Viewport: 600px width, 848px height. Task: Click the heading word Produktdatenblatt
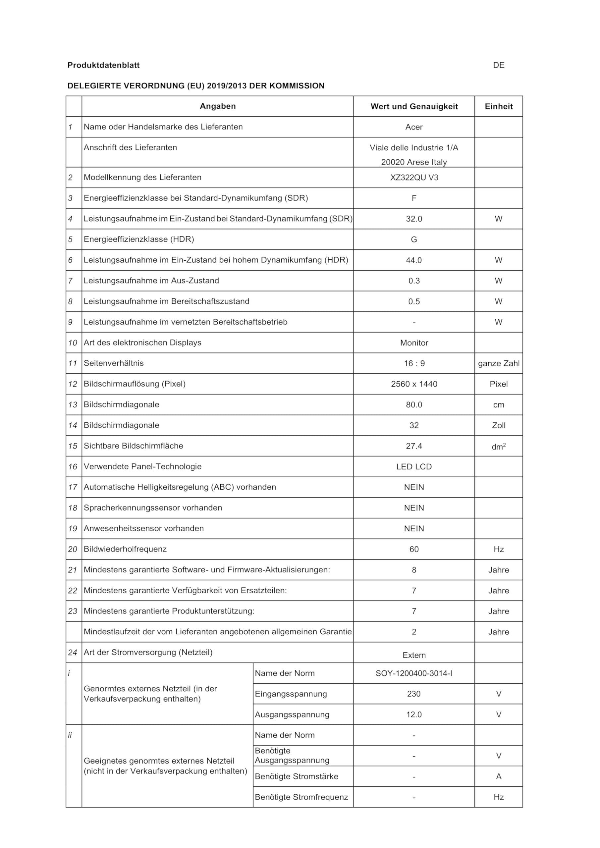coord(103,65)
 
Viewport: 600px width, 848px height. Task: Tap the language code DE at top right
coord(498,65)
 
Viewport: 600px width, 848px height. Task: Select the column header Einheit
coord(498,106)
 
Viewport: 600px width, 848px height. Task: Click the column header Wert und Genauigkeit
coord(414,106)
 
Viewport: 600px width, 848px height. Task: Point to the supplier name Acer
coord(414,127)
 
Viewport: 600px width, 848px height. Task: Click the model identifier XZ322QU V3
coord(414,177)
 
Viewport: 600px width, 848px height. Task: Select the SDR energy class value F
coord(414,198)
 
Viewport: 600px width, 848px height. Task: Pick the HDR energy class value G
coord(414,239)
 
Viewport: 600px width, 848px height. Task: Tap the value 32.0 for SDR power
coord(414,219)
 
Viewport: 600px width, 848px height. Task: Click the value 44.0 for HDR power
coord(414,260)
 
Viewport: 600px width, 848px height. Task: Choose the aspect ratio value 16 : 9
coord(414,363)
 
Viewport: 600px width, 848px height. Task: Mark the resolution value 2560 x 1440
coord(414,384)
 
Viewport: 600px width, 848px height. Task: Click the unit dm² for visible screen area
coord(498,447)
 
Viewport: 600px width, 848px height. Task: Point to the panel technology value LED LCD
coord(414,466)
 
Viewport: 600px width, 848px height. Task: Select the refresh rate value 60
coord(414,549)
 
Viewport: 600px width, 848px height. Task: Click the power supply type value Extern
coord(414,655)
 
